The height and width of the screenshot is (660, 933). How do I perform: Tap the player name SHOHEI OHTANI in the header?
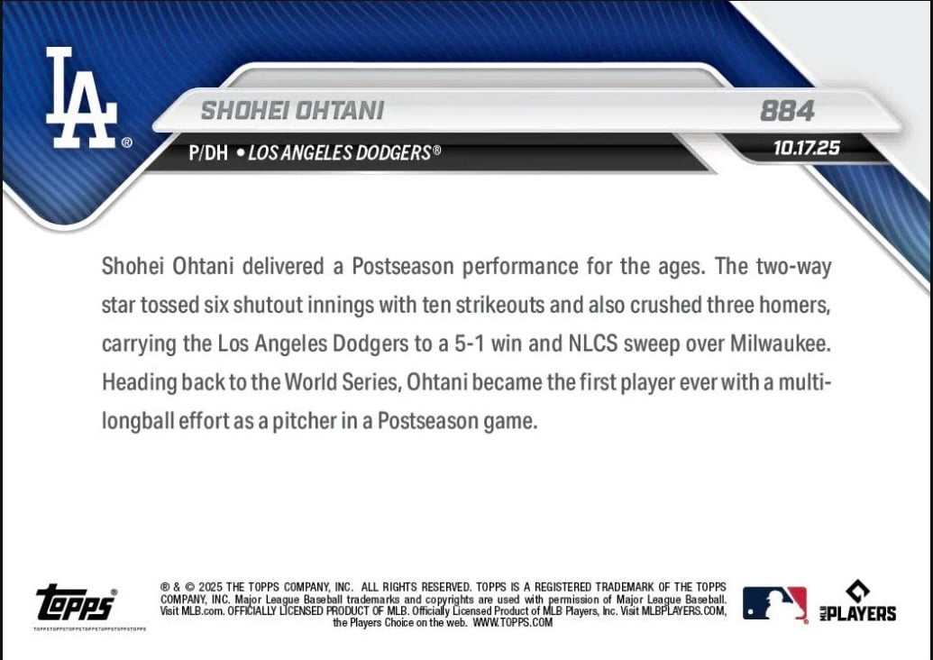(x=292, y=111)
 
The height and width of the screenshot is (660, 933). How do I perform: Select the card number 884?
(x=787, y=111)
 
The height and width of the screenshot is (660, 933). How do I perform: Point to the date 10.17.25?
(x=806, y=148)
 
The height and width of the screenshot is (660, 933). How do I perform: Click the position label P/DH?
(x=208, y=153)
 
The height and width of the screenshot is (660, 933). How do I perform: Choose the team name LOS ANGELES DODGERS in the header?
(x=340, y=153)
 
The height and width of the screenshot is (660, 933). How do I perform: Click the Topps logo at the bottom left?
(x=76, y=602)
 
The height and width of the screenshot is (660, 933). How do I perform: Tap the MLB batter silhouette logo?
(x=774, y=603)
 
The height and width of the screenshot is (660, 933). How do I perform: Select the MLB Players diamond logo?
(x=858, y=601)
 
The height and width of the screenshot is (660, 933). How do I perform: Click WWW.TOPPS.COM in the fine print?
(x=513, y=622)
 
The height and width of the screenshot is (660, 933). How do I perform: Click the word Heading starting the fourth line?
(x=139, y=382)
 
